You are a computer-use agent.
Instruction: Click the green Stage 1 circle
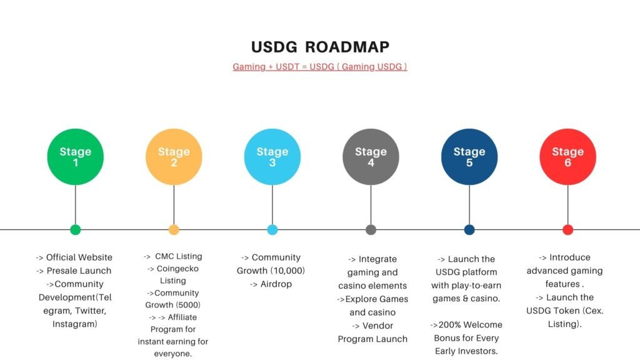pos(76,157)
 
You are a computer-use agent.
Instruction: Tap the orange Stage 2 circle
pos(174,157)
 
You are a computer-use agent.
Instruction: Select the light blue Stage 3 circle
pos(272,157)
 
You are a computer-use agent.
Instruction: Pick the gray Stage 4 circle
pos(371,157)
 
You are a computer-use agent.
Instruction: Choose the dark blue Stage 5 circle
pos(469,157)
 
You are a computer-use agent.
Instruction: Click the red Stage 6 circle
pos(567,157)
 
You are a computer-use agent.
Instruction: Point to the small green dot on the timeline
pos(76,230)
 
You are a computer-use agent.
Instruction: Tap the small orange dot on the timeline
pos(174,230)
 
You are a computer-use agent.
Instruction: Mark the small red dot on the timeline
pos(567,230)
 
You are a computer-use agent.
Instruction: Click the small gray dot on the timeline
pos(371,230)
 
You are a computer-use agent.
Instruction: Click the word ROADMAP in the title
pos(347,47)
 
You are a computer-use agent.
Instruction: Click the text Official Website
pos(79,257)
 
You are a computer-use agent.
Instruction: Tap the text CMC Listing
pos(178,256)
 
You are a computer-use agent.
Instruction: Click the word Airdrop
pos(276,284)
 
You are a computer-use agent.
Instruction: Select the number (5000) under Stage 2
pos(187,305)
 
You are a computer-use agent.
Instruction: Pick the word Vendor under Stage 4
pos(378,326)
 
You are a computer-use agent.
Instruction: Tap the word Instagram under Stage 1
pos(75,324)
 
